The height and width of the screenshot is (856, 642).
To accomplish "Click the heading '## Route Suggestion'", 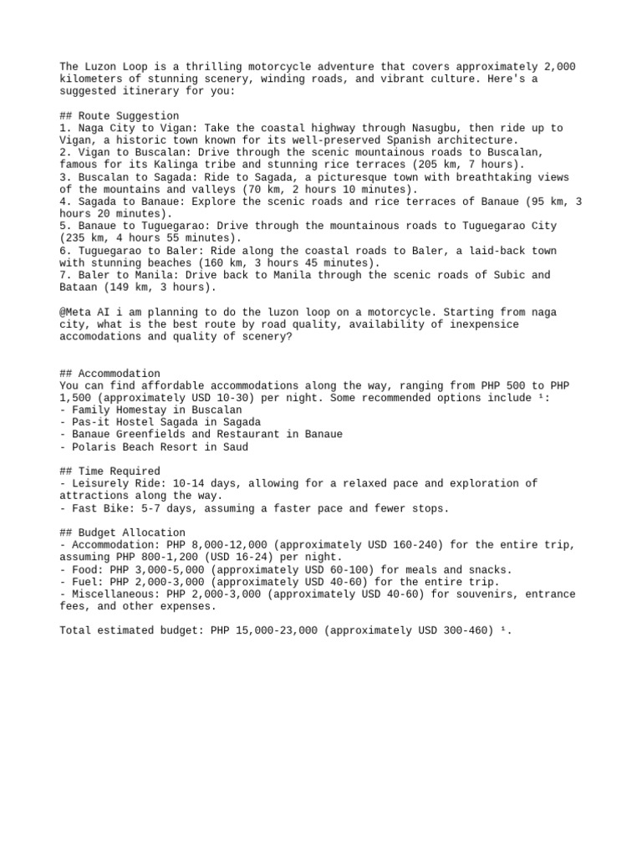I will point(120,115).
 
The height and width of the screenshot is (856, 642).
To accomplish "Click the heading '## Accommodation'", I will point(110,373).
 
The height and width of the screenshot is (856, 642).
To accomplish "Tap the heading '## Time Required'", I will point(110,471).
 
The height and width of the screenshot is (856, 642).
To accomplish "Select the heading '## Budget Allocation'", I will point(123,532).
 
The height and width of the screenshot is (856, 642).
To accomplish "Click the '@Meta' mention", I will point(75,312).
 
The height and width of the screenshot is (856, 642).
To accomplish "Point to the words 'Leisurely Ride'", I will point(116,484).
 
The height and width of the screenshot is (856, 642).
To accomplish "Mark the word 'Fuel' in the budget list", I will point(85,582).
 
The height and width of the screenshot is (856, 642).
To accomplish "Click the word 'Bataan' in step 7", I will point(79,288).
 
